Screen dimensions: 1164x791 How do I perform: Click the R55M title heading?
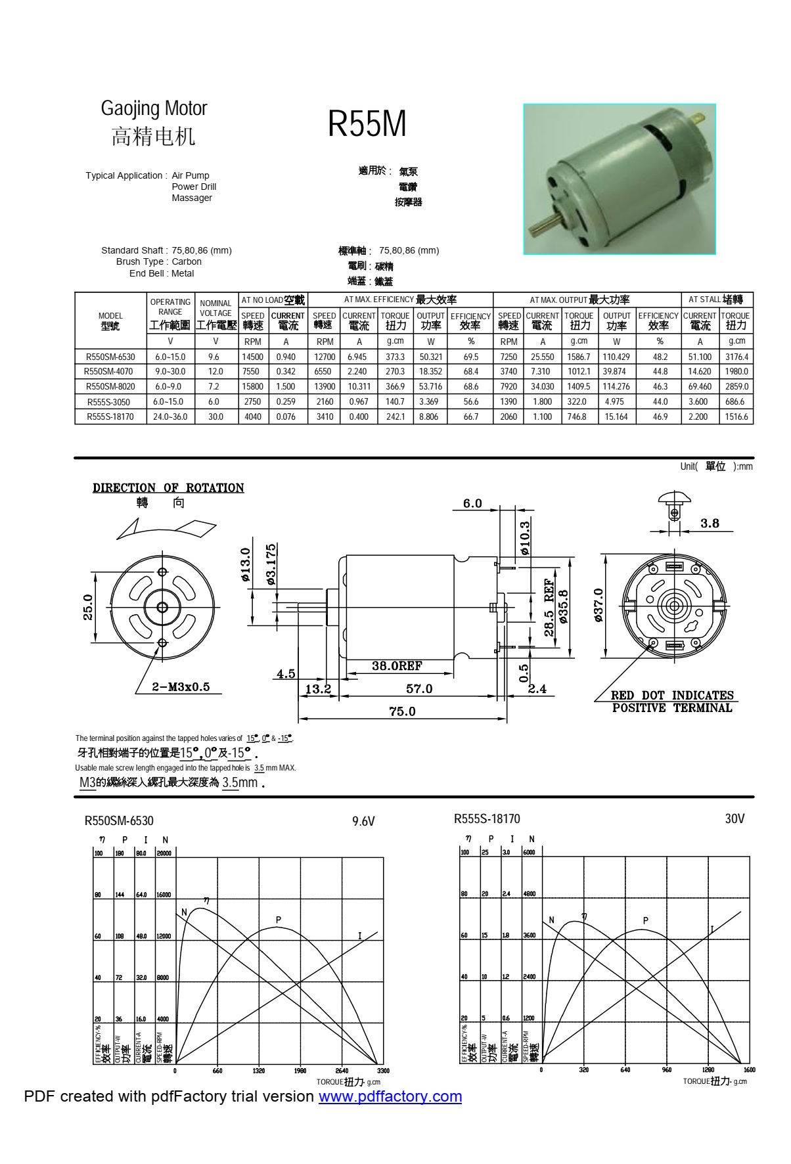(x=367, y=123)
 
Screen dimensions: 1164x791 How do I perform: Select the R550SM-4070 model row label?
(x=109, y=372)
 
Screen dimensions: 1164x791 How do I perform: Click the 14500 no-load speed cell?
(x=252, y=357)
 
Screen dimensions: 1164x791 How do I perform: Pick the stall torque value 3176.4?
(x=736, y=357)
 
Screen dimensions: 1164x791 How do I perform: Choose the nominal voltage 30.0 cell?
(x=215, y=416)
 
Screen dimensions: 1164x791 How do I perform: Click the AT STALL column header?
(x=715, y=300)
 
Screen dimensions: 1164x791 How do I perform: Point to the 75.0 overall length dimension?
(x=402, y=711)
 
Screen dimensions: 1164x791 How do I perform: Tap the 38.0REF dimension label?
(x=397, y=666)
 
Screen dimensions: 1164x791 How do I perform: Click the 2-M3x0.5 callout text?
(x=181, y=686)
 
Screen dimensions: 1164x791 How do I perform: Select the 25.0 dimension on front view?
(x=88, y=606)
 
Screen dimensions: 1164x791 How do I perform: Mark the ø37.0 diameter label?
(x=599, y=606)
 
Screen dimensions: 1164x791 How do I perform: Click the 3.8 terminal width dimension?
(x=710, y=524)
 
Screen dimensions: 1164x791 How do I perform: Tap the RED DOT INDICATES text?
(x=672, y=695)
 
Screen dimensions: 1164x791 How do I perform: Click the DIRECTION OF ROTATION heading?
(x=168, y=487)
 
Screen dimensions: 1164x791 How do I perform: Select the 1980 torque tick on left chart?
(x=300, y=1071)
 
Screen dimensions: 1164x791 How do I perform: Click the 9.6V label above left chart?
(x=363, y=821)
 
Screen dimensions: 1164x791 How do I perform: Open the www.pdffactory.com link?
(x=390, y=1096)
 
